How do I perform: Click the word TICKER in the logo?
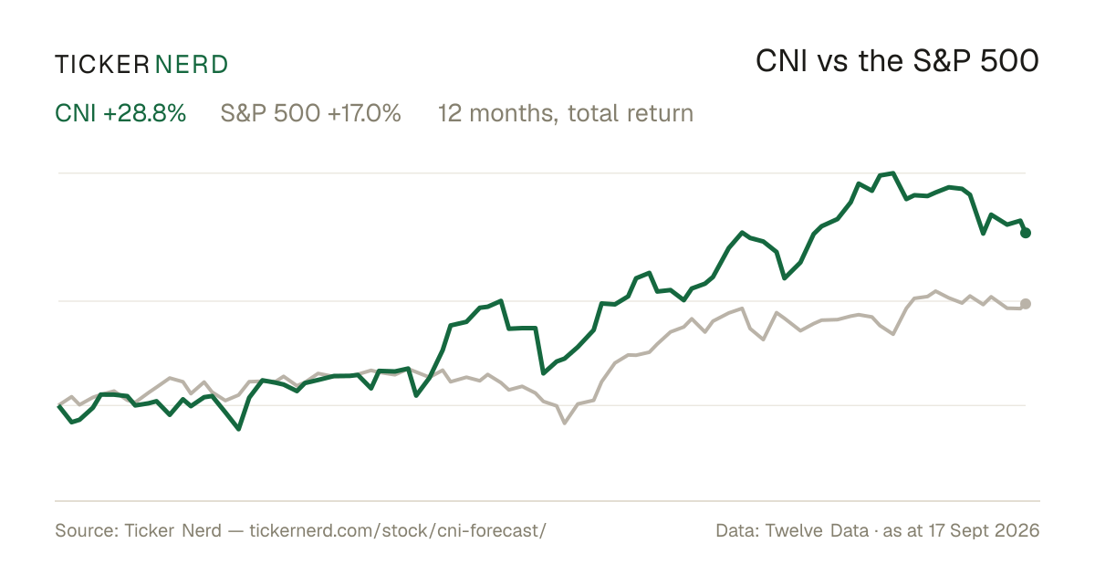tap(102, 65)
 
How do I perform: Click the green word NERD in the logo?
tap(192, 65)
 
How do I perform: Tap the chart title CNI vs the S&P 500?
tap(897, 61)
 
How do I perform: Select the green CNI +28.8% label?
tap(120, 113)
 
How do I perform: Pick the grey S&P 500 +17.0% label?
tap(310, 113)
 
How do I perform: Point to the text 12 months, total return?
tap(566, 113)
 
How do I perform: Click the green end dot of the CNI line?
tap(1026, 233)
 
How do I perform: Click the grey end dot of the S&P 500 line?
tap(1026, 304)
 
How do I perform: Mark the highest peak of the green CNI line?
tap(893, 173)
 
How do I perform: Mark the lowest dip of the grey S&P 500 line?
tap(565, 423)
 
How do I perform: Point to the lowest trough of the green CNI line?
tap(238, 429)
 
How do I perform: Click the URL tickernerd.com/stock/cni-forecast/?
tap(398, 530)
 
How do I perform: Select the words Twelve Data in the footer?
tap(817, 530)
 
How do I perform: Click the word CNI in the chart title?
tap(781, 61)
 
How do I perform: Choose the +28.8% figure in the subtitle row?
tap(145, 113)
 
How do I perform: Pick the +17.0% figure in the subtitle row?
tap(364, 113)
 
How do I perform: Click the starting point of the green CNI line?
tap(59, 406)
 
